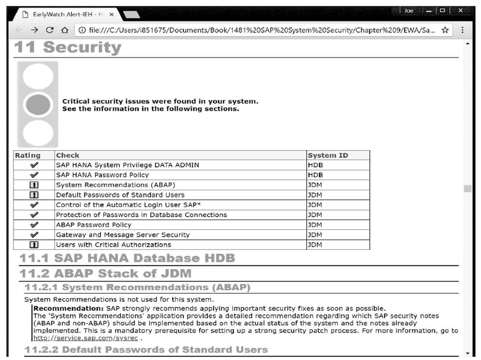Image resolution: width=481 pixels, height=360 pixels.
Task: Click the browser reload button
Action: [49, 30]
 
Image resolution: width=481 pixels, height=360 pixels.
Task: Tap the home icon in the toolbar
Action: [64, 30]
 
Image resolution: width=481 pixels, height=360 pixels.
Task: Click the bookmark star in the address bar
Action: [445, 30]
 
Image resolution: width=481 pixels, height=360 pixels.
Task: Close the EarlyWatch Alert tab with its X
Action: [112, 14]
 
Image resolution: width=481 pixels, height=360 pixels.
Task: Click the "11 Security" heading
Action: [68, 48]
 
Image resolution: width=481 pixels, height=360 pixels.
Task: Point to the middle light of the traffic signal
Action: [38, 104]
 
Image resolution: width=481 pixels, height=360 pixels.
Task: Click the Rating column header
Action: [28, 155]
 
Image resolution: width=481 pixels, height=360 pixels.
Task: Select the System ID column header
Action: [328, 155]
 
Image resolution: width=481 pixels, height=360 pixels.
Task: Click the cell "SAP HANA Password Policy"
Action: [102, 175]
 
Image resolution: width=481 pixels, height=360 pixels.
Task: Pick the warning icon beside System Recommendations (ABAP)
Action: [34, 185]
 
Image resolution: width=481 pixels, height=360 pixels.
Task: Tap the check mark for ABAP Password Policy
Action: [34, 225]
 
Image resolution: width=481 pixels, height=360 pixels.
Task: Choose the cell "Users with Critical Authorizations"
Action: [114, 245]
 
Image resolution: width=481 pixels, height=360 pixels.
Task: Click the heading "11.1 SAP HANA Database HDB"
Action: [127, 258]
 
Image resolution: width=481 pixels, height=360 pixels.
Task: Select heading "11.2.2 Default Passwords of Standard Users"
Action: [146, 349]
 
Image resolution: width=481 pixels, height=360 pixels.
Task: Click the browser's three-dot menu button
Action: [462, 30]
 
